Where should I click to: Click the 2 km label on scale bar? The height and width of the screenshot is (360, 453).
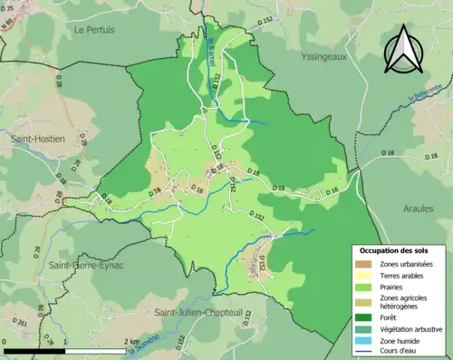click(131, 341)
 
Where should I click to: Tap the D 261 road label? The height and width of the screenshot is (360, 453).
click(20, 323)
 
